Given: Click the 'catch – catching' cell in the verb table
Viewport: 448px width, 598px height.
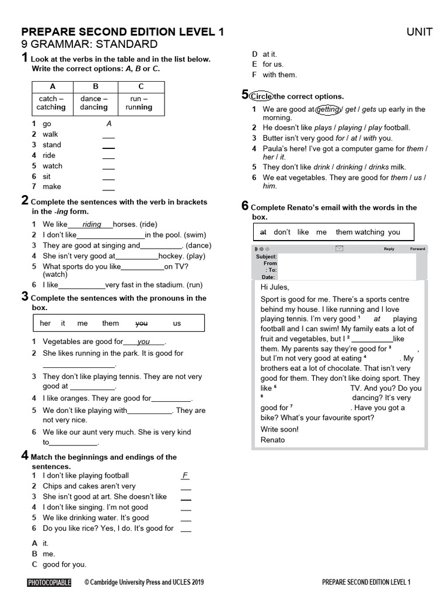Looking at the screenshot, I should click(x=52, y=103).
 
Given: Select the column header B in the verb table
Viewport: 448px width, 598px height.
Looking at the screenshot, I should click(x=96, y=86).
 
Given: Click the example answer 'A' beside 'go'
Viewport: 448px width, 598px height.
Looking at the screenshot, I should click(x=108, y=124).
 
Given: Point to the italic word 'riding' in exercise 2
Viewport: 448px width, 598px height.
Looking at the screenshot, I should click(x=92, y=224).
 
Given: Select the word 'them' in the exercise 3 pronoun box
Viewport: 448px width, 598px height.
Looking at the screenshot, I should click(x=110, y=323).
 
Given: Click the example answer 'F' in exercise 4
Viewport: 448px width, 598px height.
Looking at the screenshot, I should click(x=185, y=476).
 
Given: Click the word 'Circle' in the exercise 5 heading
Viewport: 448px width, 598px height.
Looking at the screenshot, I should click(x=261, y=96).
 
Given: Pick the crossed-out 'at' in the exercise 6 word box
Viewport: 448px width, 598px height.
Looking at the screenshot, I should click(x=262, y=232).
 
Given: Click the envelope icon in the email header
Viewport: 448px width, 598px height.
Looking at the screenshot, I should click(x=339, y=249).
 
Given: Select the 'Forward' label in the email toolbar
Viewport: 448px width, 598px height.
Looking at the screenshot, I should click(x=417, y=249).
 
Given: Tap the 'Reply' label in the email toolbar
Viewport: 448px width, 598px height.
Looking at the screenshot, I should click(x=388, y=249).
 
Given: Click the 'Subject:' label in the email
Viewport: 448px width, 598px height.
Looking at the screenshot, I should click(x=267, y=256).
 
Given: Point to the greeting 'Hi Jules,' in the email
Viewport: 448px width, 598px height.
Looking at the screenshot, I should click(x=275, y=287).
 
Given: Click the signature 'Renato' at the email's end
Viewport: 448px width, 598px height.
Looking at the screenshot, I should click(x=272, y=439).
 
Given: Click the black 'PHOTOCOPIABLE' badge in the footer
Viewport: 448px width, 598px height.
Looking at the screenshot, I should click(x=49, y=582).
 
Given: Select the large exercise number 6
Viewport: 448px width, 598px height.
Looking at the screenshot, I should click(x=245, y=206).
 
